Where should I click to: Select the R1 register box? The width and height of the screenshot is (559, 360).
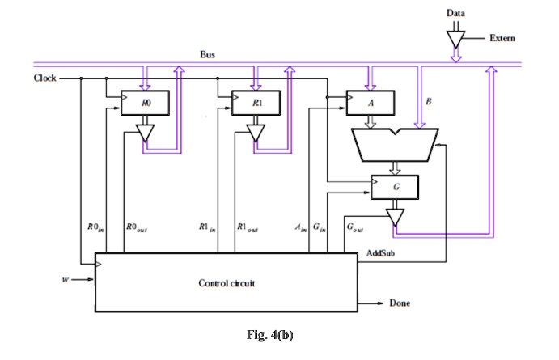tap(256, 103)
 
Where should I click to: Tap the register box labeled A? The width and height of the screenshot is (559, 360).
tap(371, 103)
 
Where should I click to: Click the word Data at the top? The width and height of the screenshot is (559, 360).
tap(455, 14)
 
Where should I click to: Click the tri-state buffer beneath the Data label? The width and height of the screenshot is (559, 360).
tap(455, 39)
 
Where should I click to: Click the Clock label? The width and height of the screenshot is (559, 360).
tap(44, 78)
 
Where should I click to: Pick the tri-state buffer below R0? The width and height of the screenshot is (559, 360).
tap(146, 132)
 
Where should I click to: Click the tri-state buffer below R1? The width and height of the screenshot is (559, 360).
tap(256, 132)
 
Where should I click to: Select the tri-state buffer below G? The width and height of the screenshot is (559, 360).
tap(396, 217)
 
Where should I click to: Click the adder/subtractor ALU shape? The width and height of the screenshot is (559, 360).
tap(396, 145)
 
